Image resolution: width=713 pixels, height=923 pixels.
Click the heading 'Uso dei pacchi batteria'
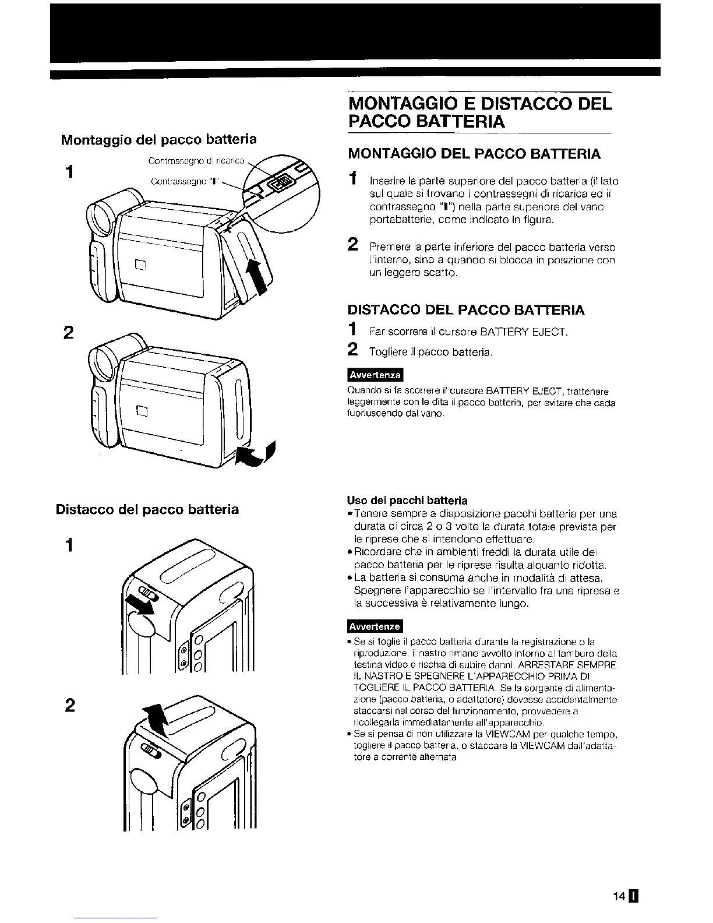[407, 501]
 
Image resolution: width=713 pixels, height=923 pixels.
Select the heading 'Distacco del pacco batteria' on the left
[147, 509]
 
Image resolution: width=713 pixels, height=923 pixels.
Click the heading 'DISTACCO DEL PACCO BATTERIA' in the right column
[466, 309]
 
